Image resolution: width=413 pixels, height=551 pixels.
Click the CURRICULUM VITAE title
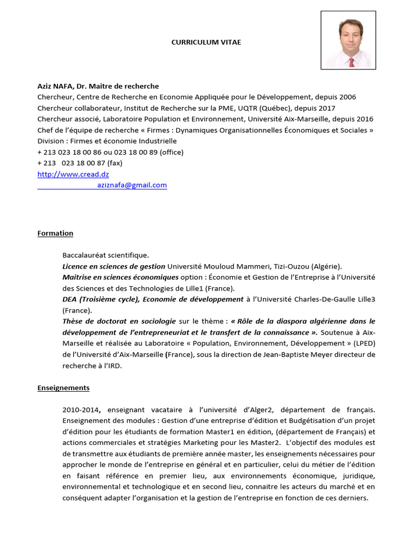(x=206, y=42)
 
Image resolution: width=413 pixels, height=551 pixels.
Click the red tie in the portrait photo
(x=351, y=62)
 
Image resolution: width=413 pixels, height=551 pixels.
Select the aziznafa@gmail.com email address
(x=132, y=185)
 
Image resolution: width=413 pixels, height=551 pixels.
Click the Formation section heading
(x=55, y=233)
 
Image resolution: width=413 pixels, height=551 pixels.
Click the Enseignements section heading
(x=63, y=387)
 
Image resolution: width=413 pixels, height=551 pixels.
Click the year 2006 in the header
(x=347, y=97)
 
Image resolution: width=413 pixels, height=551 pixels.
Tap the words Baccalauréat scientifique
(x=105, y=255)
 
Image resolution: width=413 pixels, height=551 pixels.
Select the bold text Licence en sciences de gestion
(x=113, y=266)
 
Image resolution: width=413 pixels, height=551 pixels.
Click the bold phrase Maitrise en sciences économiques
(x=120, y=277)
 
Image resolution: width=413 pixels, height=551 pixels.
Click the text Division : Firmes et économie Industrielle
(x=107, y=141)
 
